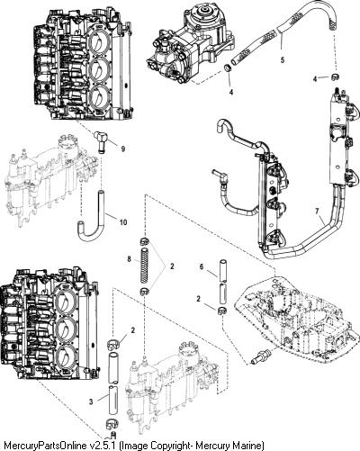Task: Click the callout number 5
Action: coord(283,59)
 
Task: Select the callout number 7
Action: coord(317,212)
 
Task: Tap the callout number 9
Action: coord(123,149)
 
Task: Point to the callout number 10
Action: coord(123,222)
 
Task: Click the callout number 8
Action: coord(129,258)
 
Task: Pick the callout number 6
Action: coord(202,266)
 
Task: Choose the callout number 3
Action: coord(91,401)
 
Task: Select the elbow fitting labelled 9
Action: coord(101,140)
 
